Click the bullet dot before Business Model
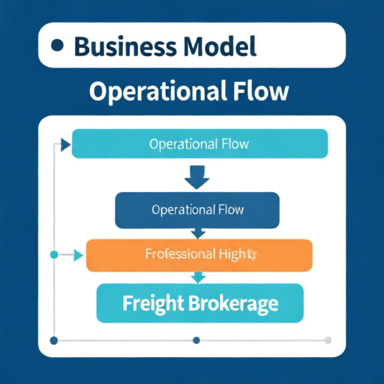click(x=56, y=46)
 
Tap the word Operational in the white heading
click(x=153, y=91)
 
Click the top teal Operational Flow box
click(x=199, y=143)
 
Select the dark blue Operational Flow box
click(x=197, y=209)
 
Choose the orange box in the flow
click(x=199, y=255)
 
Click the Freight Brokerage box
click(x=199, y=304)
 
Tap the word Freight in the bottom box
click(x=154, y=304)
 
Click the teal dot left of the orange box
click(x=53, y=255)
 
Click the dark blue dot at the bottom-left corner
click(x=53, y=340)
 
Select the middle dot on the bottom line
click(x=196, y=340)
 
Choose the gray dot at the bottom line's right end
click(x=328, y=340)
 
